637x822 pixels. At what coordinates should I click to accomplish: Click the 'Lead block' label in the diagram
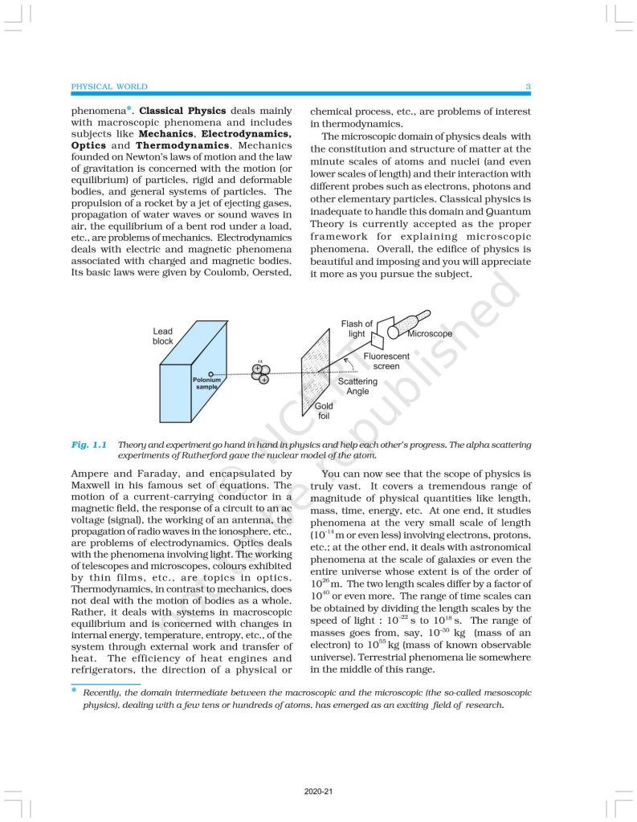tap(163, 336)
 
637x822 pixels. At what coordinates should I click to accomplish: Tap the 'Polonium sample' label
tap(206, 383)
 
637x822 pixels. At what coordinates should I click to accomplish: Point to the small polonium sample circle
tap(211, 373)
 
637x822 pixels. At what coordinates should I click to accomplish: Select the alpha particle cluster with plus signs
tap(259, 373)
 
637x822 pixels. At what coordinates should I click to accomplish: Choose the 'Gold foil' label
tap(324, 411)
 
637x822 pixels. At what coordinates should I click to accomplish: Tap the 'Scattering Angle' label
tap(357, 386)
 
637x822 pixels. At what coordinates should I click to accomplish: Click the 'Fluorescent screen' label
tap(386, 360)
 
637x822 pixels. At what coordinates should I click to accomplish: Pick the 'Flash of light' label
tap(357, 328)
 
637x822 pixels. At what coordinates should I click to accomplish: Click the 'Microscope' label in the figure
tap(430, 333)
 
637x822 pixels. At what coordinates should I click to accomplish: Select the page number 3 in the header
tap(528, 87)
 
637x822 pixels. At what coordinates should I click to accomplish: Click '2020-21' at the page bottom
tap(318, 792)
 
